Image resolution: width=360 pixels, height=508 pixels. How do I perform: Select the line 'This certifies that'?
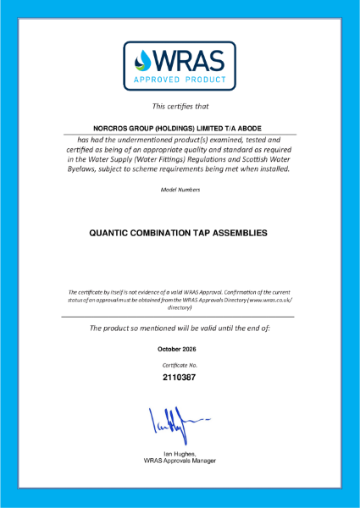point(180,107)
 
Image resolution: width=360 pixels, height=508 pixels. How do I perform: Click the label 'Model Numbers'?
point(180,190)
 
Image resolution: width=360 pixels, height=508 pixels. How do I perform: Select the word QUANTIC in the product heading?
point(114,232)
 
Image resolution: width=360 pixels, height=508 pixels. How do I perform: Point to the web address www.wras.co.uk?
point(268,301)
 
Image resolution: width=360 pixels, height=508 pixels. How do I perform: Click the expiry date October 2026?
point(180,349)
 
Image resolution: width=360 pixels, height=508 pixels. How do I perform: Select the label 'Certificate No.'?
point(180,363)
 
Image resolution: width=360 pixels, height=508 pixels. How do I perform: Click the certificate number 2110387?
point(180,378)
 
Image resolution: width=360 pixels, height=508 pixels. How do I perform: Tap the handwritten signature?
point(176,422)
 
